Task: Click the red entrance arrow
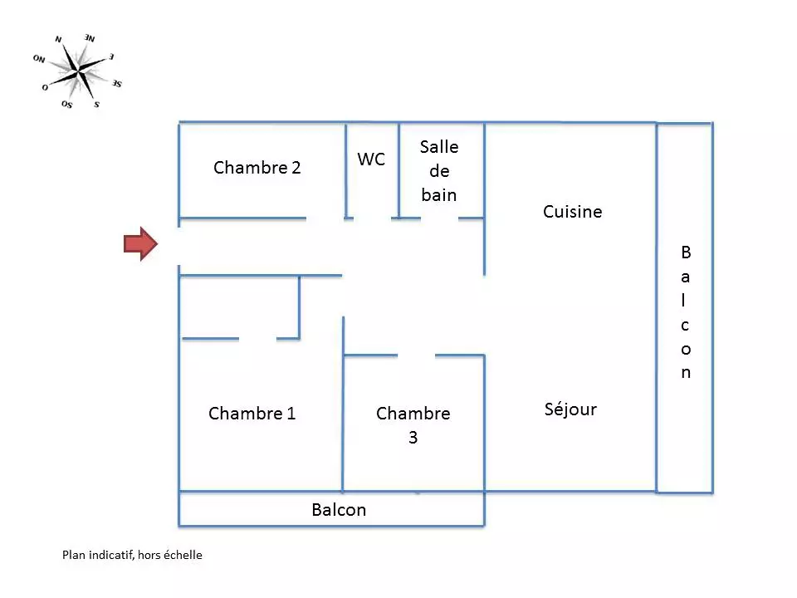click(140, 243)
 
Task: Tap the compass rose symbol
click(79, 72)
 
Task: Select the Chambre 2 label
click(257, 168)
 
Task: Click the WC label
click(371, 159)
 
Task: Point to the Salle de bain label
click(439, 171)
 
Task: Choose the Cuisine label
click(572, 212)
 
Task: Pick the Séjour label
click(570, 409)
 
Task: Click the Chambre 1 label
click(252, 414)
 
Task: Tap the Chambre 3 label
click(413, 425)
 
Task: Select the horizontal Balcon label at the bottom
click(339, 510)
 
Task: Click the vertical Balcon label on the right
click(686, 311)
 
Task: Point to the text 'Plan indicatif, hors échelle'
click(132, 555)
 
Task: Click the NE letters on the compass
click(89, 38)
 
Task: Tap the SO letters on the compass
click(66, 104)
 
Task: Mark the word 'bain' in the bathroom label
click(439, 195)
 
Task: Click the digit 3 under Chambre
click(413, 438)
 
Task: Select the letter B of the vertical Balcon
click(686, 252)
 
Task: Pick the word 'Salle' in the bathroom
click(439, 147)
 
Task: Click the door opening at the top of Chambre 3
click(417, 355)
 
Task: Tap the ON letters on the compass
click(39, 59)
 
